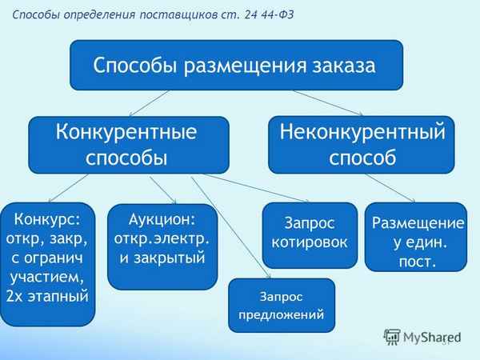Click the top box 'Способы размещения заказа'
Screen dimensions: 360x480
tap(236, 65)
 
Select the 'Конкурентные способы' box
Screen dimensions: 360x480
tap(129, 144)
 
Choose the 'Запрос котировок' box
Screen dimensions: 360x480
tap(310, 234)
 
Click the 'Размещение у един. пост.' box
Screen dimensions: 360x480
tap(415, 237)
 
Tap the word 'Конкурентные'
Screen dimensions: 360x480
tap(127, 130)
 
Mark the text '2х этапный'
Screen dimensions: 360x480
tap(48, 296)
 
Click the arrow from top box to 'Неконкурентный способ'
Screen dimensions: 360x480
tap(328, 102)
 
